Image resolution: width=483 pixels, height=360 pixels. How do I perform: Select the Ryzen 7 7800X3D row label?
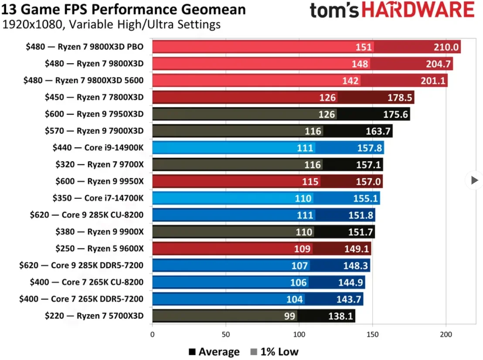coord(94,98)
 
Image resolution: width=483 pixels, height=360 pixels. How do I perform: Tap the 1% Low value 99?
coord(290,316)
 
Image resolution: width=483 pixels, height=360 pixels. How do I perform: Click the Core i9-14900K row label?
coord(98,148)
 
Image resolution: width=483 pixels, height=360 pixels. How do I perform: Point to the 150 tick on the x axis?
coord(373,335)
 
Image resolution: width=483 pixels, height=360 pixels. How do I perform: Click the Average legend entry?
coord(214,352)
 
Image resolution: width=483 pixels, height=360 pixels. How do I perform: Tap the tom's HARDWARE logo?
coord(392,10)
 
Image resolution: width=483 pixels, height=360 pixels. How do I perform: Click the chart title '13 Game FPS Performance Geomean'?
coord(124,9)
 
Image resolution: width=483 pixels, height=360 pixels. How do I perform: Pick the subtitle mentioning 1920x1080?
coord(112,25)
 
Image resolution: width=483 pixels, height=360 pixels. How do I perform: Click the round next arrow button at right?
coord(474,180)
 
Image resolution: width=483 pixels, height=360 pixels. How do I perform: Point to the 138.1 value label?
coord(340,316)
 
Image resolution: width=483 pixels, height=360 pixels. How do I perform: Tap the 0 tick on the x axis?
coord(152,335)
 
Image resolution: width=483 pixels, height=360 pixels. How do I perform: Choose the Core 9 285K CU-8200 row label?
coord(87,215)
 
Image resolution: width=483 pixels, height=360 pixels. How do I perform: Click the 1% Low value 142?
coord(351,81)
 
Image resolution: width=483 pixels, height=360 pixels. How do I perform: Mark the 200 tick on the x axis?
coord(446,335)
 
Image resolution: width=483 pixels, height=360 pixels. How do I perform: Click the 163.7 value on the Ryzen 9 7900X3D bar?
coord(377,131)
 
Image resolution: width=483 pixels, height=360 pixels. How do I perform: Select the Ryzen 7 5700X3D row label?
coord(94,316)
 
